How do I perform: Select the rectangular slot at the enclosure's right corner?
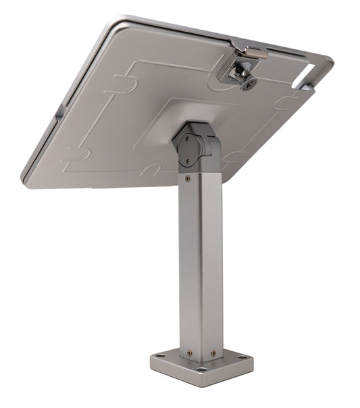click(x=311, y=70)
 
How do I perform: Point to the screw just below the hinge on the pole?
click(x=188, y=178)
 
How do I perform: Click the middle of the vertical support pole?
click(x=201, y=263)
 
